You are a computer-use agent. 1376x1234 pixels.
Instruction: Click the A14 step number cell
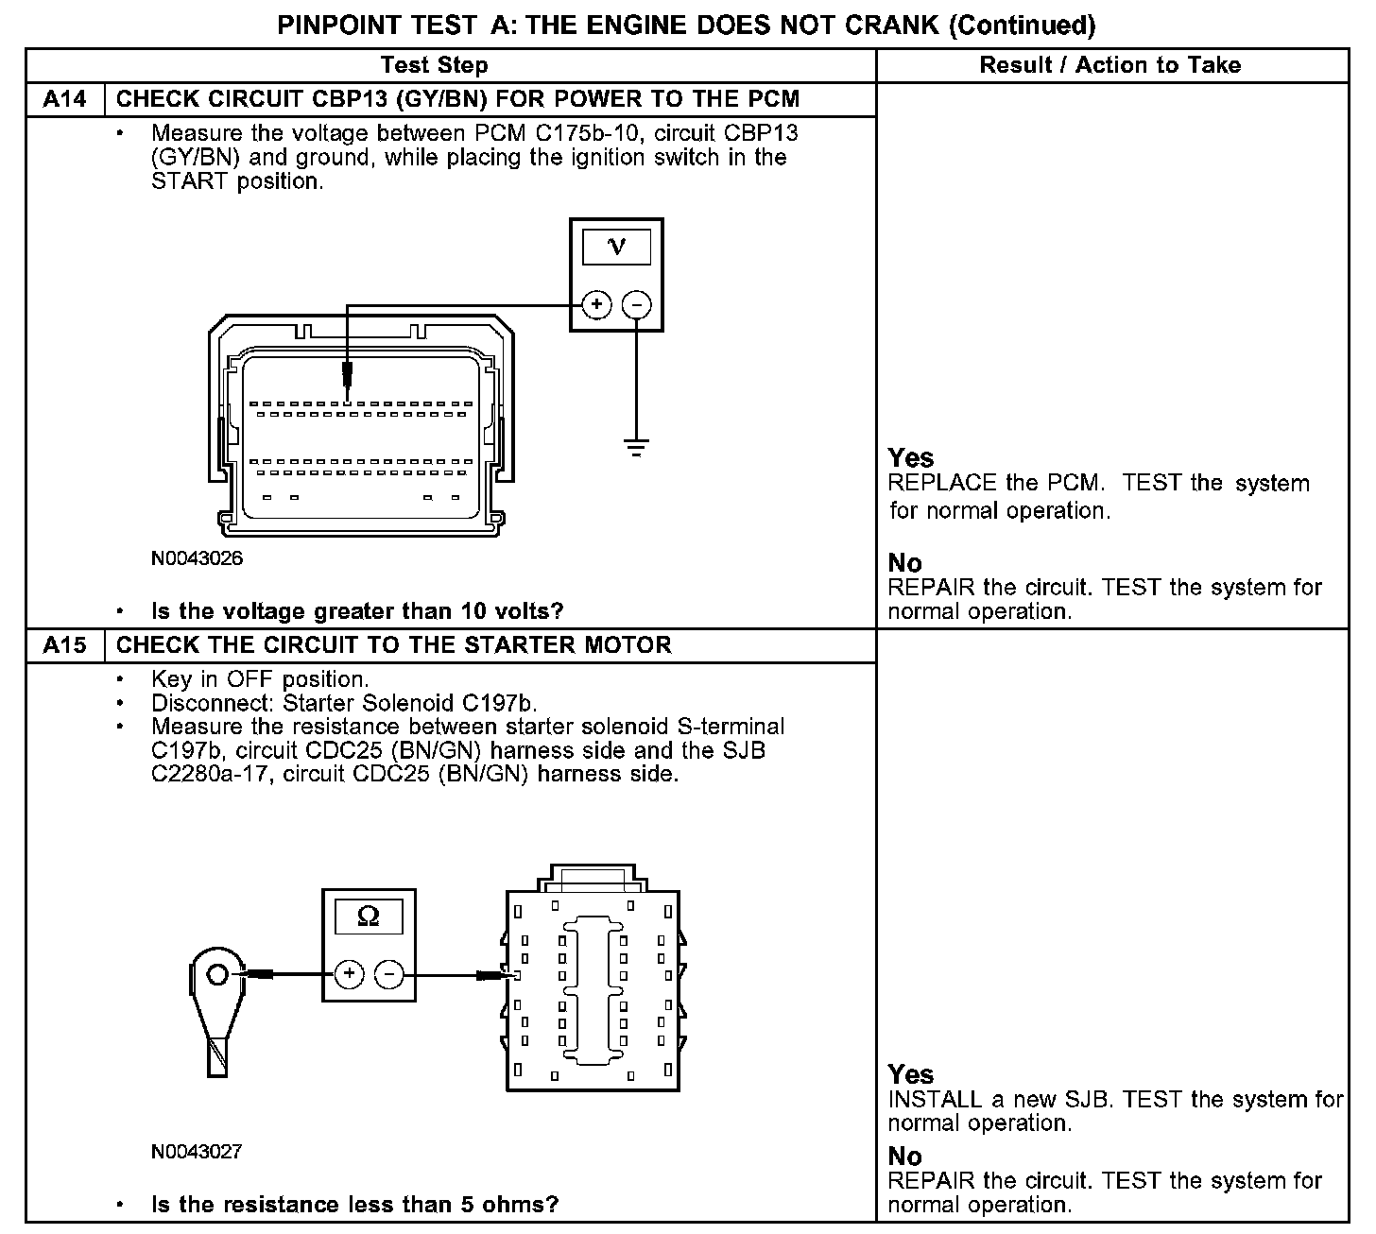click(x=65, y=99)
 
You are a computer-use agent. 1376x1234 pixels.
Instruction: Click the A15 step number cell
click(x=65, y=645)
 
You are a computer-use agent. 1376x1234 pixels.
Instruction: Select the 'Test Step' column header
click(x=435, y=65)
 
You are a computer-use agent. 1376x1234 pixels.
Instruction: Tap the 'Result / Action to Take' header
click(x=1110, y=65)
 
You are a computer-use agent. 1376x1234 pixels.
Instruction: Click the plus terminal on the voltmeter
click(x=596, y=305)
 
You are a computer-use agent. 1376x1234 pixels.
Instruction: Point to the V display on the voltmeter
click(x=616, y=247)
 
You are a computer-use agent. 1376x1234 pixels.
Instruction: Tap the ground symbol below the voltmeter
click(x=637, y=447)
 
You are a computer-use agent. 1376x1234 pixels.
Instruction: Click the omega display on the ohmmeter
click(x=369, y=917)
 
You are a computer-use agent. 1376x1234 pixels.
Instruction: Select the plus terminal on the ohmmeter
click(x=349, y=974)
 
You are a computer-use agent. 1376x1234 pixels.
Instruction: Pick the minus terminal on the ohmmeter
click(x=389, y=974)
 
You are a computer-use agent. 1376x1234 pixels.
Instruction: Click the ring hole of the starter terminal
click(x=217, y=973)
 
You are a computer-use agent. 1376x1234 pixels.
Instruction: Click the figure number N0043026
click(x=197, y=558)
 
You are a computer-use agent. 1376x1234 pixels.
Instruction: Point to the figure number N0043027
click(x=197, y=1152)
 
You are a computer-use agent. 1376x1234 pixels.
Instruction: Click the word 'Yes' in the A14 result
click(x=911, y=458)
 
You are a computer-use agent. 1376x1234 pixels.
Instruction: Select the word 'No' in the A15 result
click(x=904, y=1156)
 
